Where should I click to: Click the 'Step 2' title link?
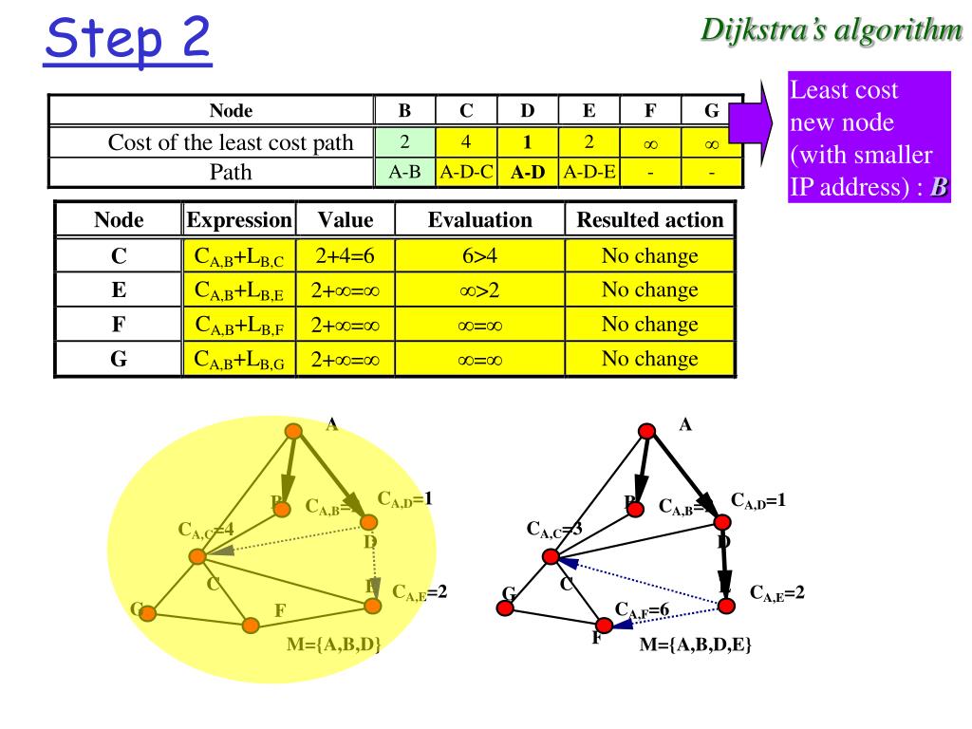(x=127, y=39)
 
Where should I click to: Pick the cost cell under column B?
(x=404, y=143)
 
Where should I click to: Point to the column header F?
(x=650, y=110)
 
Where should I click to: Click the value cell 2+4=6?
(x=346, y=256)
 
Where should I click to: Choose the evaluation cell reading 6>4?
(x=479, y=256)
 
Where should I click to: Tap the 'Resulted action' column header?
(x=650, y=221)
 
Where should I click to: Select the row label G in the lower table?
(x=119, y=360)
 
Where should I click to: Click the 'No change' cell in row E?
(x=650, y=290)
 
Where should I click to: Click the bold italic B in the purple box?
(x=939, y=187)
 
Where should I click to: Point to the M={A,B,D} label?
(x=333, y=645)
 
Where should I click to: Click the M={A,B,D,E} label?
(x=697, y=645)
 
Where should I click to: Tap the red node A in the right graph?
(x=647, y=432)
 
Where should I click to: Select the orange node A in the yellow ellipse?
(x=294, y=432)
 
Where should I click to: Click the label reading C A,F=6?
(x=643, y=609)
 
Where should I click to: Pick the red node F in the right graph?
(x=604, y=626)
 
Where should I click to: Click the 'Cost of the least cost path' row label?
(x=231, y=143)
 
